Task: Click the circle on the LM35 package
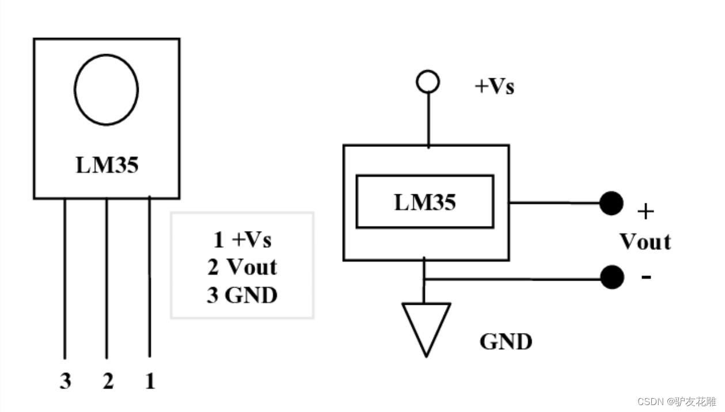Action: pyautogui.click(x=106, y=90)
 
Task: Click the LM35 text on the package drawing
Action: pyautogui.click(x=107, y=166)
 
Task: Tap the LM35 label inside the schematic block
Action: pyautogui.click(x=425, y=202)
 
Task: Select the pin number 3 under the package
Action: pyautogui.click(x=66, y=381)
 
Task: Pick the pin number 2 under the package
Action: pyautogui.click(x=108, y=381)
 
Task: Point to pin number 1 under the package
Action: pyautogui.click(x=150, y=381)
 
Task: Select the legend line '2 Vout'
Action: pyautogui.click(x=242, y=267)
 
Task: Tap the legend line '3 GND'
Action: pyautogui.click(x=242, y=295)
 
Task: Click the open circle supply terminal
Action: pyautogui.click(x=428, y=82)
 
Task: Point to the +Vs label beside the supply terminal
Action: pyautogui.click(x=494, y=86)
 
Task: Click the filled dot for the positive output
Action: pyautogui.click(x=611, y=203)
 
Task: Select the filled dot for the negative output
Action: pyautogui.click(x=612, y=278)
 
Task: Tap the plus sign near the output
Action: pyautogui.click(x=646, y=212)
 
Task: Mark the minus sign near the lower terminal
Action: pyautogui.click(x=647, y=277)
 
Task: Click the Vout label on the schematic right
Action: pyautogui.click(x=645, y=242)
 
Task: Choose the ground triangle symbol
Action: pyautogui.click(x=426, y=326)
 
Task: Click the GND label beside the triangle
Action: pyautogui.click(x=506, y=342)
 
